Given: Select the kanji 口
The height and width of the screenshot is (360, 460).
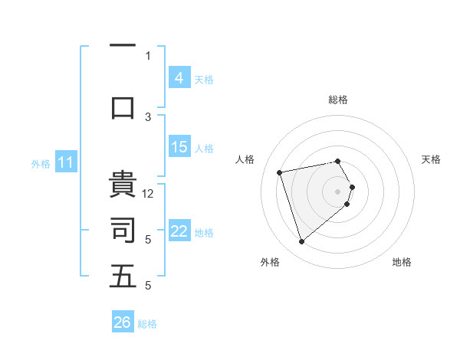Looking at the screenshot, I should point(123,106).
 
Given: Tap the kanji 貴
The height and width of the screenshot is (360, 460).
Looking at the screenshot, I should point(123,185).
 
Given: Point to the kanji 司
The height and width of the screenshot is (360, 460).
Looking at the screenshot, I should point(123,230).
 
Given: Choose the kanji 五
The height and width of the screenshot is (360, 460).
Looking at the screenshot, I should point(123,277).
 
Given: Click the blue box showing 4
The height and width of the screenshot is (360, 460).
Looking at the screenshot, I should point(179,77).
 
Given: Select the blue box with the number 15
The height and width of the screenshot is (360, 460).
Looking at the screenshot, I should point(179,147).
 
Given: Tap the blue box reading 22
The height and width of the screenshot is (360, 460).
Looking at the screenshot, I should point(179,231).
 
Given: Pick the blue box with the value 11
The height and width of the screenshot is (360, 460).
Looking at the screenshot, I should point(65,162).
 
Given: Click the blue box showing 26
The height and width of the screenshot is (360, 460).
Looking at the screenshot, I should point(123,322).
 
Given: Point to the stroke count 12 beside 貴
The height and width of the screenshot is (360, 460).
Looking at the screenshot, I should point(149,194).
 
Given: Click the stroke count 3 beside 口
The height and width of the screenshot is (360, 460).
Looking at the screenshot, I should point(149,116).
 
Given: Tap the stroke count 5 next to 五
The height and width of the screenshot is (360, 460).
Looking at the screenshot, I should point(149,286).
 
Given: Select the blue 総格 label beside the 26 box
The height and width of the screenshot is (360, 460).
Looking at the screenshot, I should point(147,324).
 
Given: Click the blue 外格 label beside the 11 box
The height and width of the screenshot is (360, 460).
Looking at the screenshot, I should point(40,163).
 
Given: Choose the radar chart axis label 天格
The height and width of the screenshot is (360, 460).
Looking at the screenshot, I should point(431,159).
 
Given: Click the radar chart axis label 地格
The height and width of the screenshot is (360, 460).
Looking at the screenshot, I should point(402,262).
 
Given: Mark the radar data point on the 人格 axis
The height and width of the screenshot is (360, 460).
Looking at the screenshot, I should point(280,172).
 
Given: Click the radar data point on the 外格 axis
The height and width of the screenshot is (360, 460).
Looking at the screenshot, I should point(301,242).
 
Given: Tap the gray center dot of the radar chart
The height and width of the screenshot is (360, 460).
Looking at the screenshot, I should point(337,191).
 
